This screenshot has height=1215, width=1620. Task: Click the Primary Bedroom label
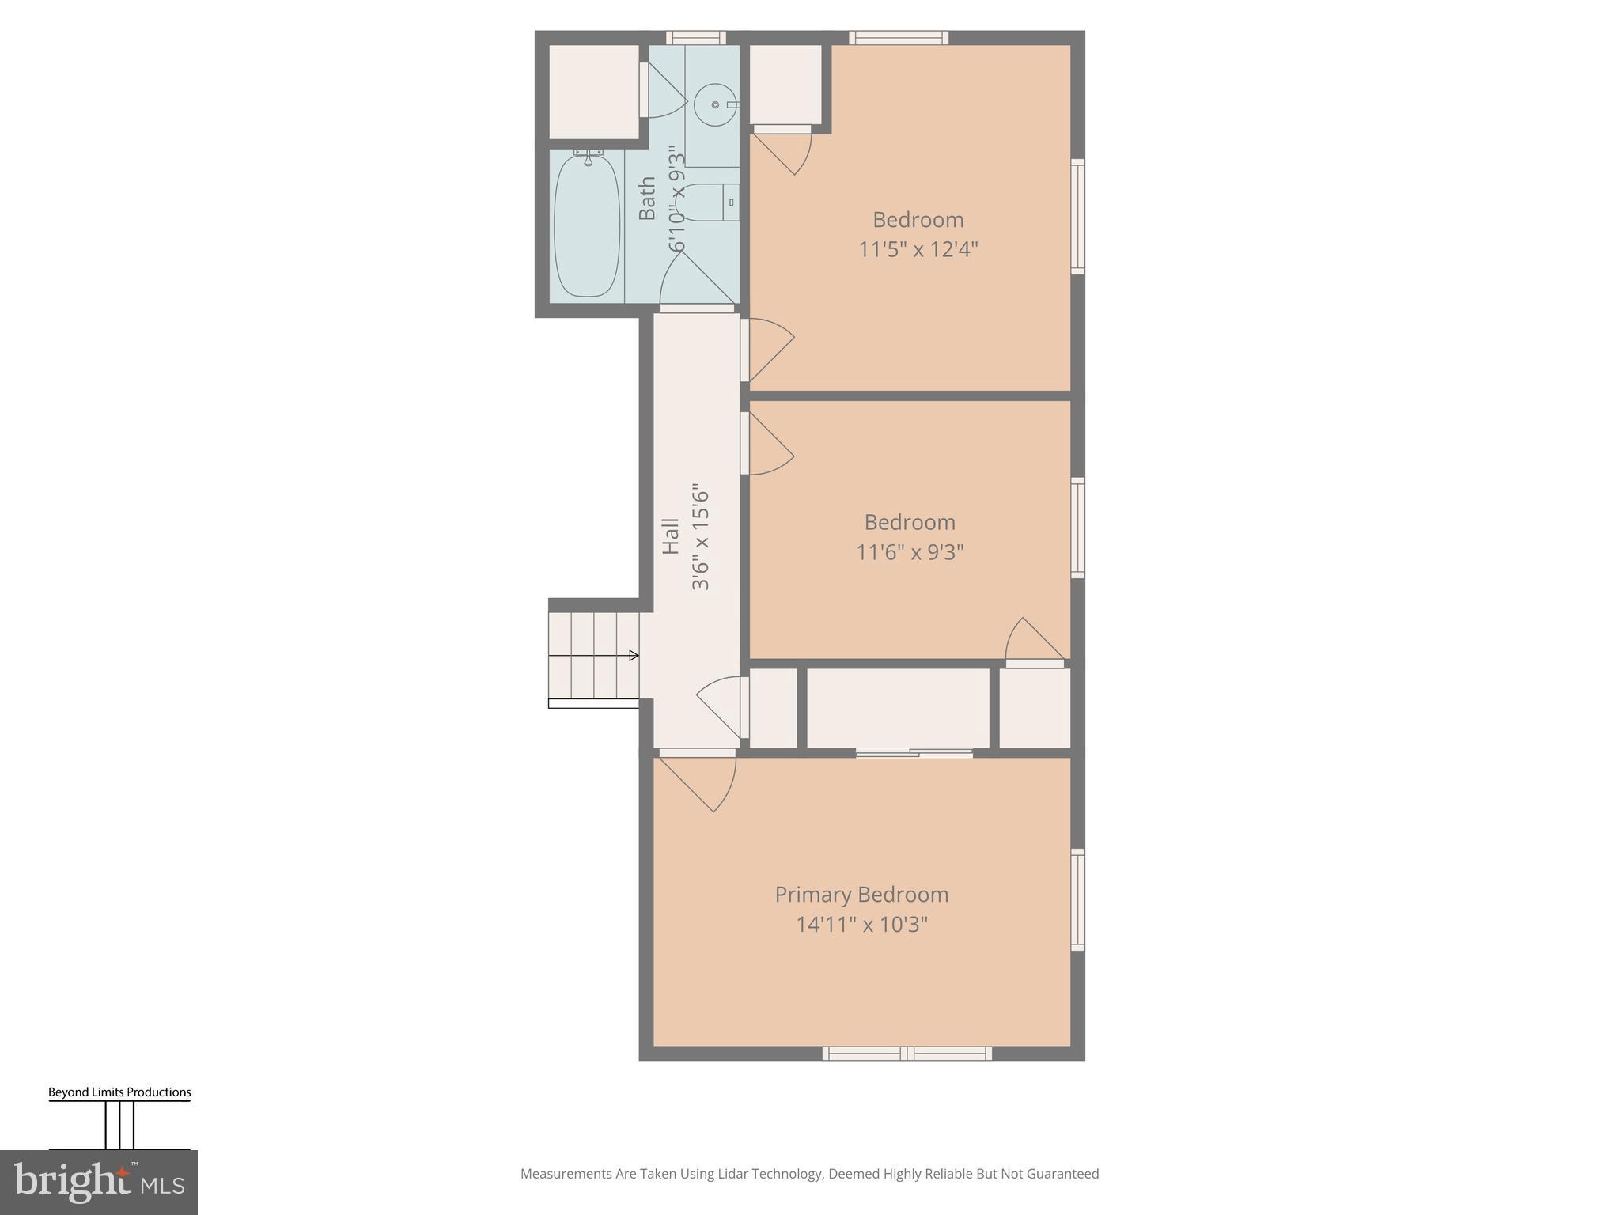861,895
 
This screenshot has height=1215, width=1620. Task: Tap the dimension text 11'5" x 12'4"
918,250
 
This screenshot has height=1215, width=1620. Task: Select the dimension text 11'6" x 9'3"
910,552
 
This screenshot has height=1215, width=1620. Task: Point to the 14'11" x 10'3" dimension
861,925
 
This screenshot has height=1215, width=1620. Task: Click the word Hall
671,536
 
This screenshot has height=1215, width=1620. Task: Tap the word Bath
647,198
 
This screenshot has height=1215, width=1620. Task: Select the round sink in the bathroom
714,104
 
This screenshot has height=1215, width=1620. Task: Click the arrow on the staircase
633,655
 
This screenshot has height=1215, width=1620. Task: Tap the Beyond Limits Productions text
119,1092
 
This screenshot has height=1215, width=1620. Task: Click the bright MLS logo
99,1182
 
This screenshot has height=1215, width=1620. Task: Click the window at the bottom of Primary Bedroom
907,1054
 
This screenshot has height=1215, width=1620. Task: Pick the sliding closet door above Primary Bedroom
914,754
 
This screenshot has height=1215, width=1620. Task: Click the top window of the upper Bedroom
899,37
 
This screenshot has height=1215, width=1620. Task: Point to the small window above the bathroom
695,37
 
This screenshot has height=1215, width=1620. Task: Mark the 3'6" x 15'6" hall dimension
701,538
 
